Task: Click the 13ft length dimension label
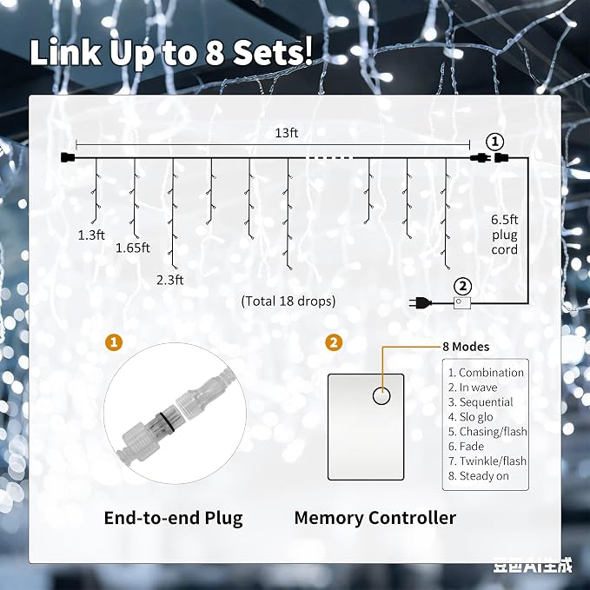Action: [287, 133]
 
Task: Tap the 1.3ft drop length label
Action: [91, 235]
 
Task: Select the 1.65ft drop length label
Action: [132, 248]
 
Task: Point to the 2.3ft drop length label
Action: [169, 280]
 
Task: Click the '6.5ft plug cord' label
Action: [504, 235]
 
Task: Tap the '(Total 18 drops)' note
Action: [288, 301]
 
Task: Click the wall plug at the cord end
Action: [420, 302]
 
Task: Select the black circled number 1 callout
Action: [494, 142]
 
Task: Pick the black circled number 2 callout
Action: [463, 287]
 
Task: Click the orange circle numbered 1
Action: [114, 342]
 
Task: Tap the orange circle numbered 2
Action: [334, 342]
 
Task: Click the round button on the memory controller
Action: [381, 396]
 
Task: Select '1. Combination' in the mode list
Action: [486, 373]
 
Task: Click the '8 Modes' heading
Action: [466, 347]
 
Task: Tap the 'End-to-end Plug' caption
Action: [173, 518]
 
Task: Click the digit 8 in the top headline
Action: [215, 52]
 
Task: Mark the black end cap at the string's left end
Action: [68, 157]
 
